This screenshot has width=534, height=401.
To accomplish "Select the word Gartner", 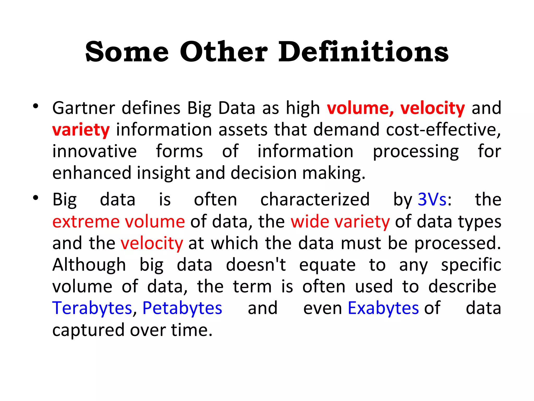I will (x=83, y=108).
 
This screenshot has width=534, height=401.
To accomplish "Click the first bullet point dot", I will (x=36, y=106).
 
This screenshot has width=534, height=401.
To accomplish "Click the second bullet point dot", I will (x=36, y=198).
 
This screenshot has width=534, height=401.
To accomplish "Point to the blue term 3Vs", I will (x=432, y=200).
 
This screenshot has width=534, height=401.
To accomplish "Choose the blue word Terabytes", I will (x=92, y=308).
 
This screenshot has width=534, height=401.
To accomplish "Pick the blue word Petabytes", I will (x=182, y=308).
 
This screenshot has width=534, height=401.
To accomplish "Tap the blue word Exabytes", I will (x=383, y=308).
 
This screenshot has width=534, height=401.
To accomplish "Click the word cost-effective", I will (x=443, y=129).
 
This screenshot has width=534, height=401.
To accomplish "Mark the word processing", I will (x=416, y=152).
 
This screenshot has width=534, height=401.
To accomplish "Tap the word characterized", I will (x=315, y=200).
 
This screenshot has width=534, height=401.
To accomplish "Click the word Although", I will (x=89, y=265).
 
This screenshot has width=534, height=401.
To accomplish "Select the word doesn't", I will (x=256, y=265).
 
